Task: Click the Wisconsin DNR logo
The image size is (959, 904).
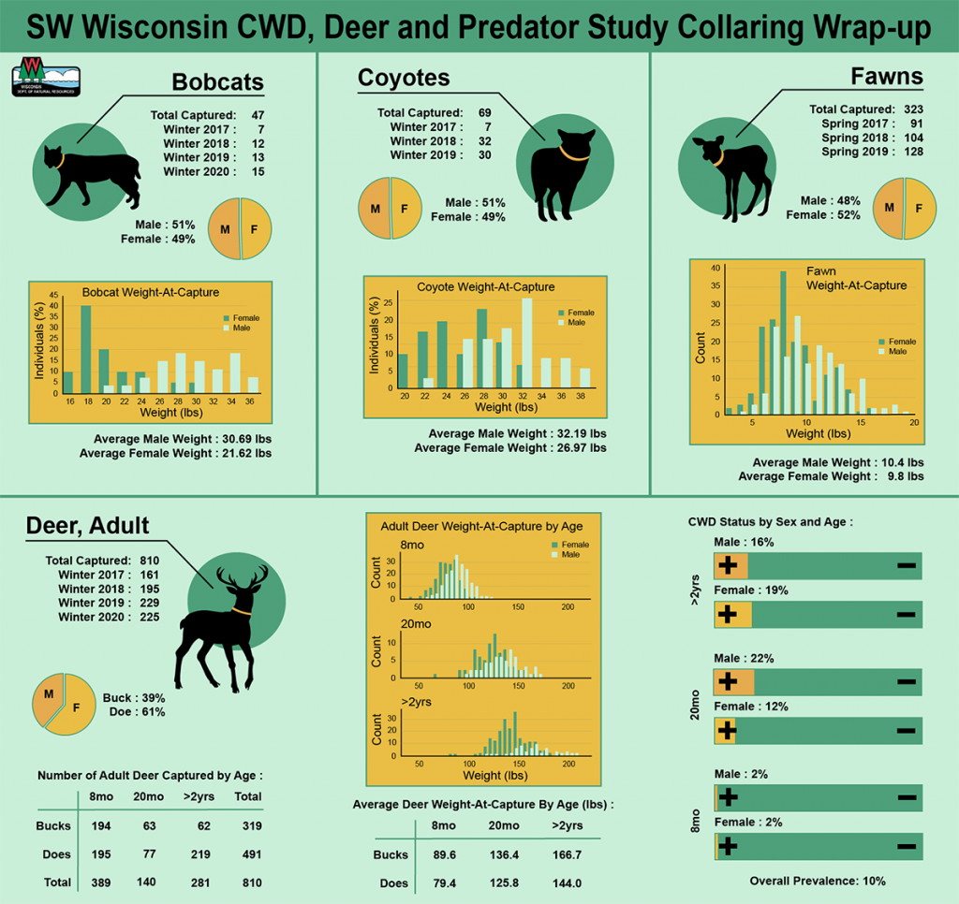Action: click(45, 77)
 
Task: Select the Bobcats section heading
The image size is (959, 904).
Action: click(217, 81)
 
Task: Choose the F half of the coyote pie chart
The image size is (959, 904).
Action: click(406, 208)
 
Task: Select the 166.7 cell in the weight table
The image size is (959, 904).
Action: click(566, 854)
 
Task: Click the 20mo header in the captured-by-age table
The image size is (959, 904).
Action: click(150, 796)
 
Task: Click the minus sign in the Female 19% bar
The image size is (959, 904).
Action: click(906, 614)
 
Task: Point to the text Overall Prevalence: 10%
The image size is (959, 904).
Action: click(818, 881)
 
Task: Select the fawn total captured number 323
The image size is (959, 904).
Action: click(912, 109)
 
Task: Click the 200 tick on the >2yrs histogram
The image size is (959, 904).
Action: click(568, 764)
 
